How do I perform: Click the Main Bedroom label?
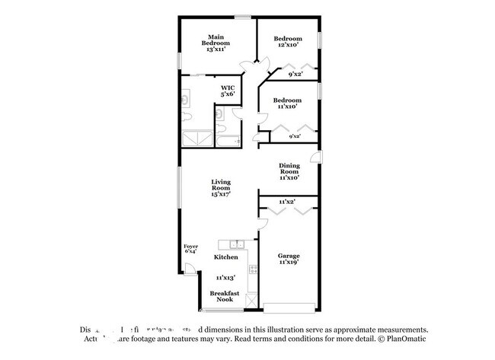click(x=216, y=43)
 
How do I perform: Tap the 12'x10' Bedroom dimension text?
click(x=288, y=45)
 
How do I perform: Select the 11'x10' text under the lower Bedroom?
click(x=288, y=107)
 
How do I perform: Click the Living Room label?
click(x=221, y=188)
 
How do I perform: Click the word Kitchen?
click(x=225, y=257)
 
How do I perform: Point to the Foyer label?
click(x=191, y=249)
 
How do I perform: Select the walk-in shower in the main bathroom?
click(x=195, y=140)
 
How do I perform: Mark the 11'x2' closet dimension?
click(x=287, y=201)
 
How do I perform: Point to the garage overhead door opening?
click(x=289, y=308)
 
